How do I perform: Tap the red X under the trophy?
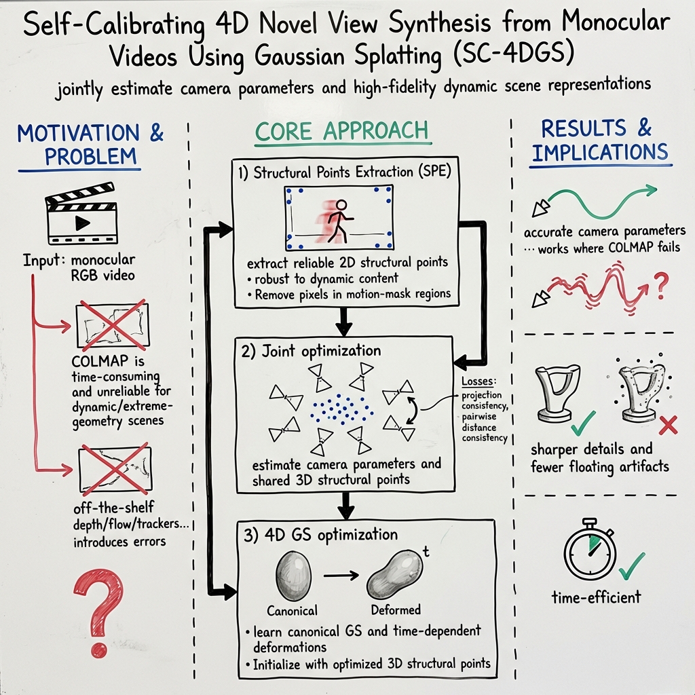click(x=668, y=426)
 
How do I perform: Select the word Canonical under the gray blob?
click(x=292, y=610)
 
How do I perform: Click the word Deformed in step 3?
click(x=396, y=609)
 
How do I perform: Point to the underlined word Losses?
click(x=477, y=382)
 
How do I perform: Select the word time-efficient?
click(x=595, y=597)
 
